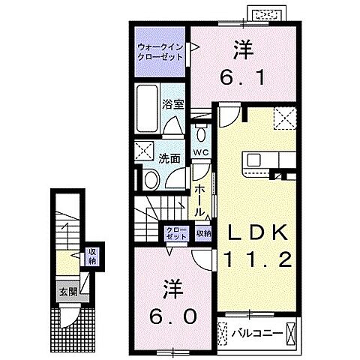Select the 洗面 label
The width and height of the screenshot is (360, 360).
pos(169,157)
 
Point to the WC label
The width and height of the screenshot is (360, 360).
pos(200,153)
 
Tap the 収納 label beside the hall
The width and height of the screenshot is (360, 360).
pos(203,233)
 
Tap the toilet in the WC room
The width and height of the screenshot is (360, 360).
pos(200,135)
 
